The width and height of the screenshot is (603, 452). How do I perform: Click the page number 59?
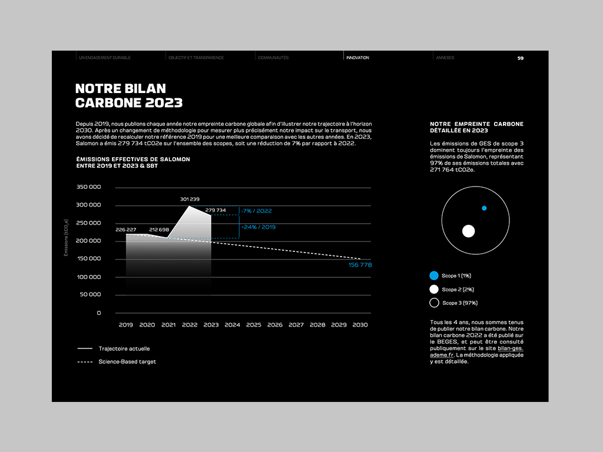(521, 58)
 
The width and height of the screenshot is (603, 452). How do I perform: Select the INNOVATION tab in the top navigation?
(358, 58)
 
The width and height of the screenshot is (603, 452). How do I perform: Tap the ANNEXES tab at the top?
(445, 58)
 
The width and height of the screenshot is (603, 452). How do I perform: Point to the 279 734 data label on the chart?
(216, 210)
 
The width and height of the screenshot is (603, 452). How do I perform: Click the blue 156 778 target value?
(360, 265)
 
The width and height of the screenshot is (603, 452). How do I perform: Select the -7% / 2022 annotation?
(257, 211)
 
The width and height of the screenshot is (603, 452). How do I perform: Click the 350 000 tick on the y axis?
(89, 187)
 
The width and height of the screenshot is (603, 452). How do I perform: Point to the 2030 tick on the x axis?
(360, 325)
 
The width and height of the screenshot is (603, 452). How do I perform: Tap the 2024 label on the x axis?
(232, 325)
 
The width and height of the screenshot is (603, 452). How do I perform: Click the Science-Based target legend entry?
(127, 361)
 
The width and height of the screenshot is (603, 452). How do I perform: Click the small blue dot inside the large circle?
(484, 208)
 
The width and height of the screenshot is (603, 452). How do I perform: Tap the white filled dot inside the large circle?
(468, 231)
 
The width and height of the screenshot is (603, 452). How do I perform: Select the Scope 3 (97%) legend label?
(459, 303)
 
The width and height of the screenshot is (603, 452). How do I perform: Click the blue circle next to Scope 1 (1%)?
(434, 275)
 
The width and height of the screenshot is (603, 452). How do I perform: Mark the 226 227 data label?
(126, 230)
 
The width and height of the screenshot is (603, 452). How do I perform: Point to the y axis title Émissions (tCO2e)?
(67, 238)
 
